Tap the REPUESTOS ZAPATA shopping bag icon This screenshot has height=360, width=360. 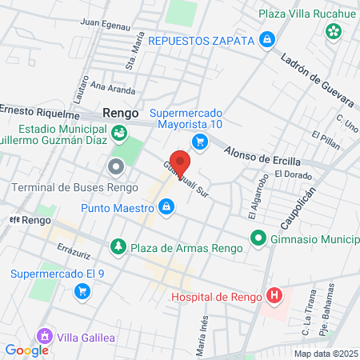pyautogui.click(x=267, y=39)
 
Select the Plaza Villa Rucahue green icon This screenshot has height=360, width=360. pyautogui.click(x=332, y=32)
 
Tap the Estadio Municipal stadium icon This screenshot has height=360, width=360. pyautogui.click(x=118, y=133)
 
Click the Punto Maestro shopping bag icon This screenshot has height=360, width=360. pyautogui.click(x=166, y=209)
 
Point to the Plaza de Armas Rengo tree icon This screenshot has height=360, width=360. pyautogui.click(x=118, y=245)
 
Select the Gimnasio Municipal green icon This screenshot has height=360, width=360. pyautogui.click(x=258, y=238)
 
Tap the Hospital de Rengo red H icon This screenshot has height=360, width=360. pyautogui.click(x=274, y=297)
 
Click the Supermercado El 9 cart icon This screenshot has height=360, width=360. pyautogui.click(x=81, y=292)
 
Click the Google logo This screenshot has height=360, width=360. pyautogui.click(x=27, y=350)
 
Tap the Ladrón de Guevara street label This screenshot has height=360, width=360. pyautogui.click(x=317, y=78)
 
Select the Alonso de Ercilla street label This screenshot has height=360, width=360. pyautogui.click(x=259, y=151)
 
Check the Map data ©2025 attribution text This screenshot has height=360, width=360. pyautogui.click(x=325, y=354)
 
